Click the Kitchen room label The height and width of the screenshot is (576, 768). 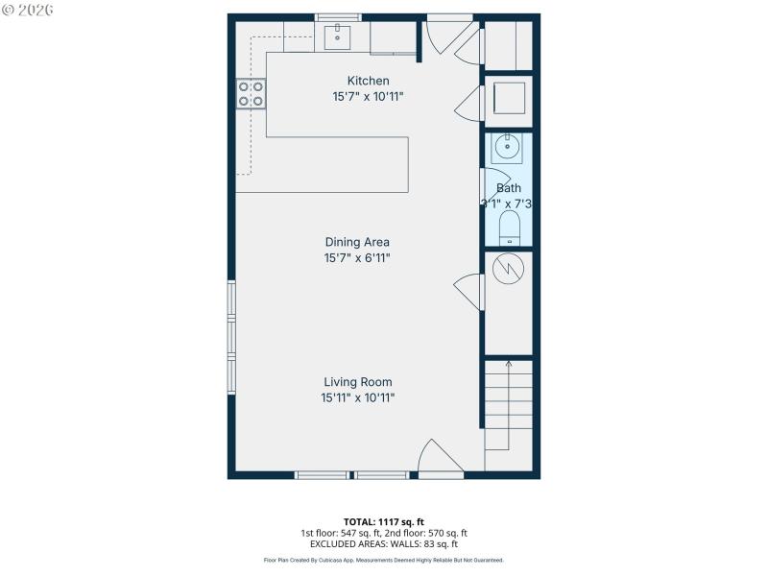(368, 81)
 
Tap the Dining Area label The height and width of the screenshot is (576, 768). (357, 242)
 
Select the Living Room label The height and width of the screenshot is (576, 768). (357, 381)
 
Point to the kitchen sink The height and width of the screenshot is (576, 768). (339, 37)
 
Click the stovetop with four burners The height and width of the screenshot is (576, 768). (251, 93)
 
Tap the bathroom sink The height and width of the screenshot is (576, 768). (506, 148)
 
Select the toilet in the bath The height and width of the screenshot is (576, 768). (509, 228)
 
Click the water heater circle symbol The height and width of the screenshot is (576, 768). (507, 270)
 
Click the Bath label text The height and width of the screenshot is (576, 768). (509, 188)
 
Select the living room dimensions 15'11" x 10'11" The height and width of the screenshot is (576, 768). (357, 397)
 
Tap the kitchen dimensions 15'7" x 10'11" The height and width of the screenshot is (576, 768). (368, 97)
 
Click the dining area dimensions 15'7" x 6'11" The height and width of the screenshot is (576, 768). (357, 258)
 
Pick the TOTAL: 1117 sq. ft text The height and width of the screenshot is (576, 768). (383, 521)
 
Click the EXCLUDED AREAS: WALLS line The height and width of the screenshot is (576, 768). (383, 544)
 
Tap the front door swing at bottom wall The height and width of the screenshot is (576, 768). (440, 459)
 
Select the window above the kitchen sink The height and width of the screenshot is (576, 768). (338, 17)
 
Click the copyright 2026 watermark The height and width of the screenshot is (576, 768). (28, 10)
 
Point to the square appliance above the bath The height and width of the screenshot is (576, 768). (508, 99)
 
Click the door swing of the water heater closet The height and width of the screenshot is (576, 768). (469, 290)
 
